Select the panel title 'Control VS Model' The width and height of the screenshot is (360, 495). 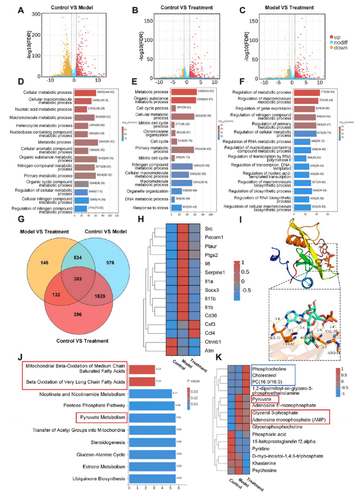72,8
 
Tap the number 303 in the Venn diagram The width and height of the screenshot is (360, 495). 78,279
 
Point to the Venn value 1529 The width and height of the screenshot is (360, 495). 100,296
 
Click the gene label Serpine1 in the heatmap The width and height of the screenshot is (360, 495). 214,272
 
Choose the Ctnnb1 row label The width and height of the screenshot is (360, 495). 213,342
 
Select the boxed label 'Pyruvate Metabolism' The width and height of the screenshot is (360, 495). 103,417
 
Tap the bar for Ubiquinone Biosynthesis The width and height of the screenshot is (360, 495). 152,479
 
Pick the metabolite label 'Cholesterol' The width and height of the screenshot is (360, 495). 264,376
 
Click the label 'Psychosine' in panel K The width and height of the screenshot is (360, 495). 264,471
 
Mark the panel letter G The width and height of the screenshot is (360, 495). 21,219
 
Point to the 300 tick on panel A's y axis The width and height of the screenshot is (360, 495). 36,14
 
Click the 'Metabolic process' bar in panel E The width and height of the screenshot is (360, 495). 184,92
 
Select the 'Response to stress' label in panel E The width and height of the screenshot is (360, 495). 150,208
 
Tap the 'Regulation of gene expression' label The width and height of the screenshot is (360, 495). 263,108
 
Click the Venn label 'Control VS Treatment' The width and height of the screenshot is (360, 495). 82,341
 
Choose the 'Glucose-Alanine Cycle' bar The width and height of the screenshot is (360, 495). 152,455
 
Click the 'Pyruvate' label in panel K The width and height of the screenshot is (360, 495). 262,399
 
